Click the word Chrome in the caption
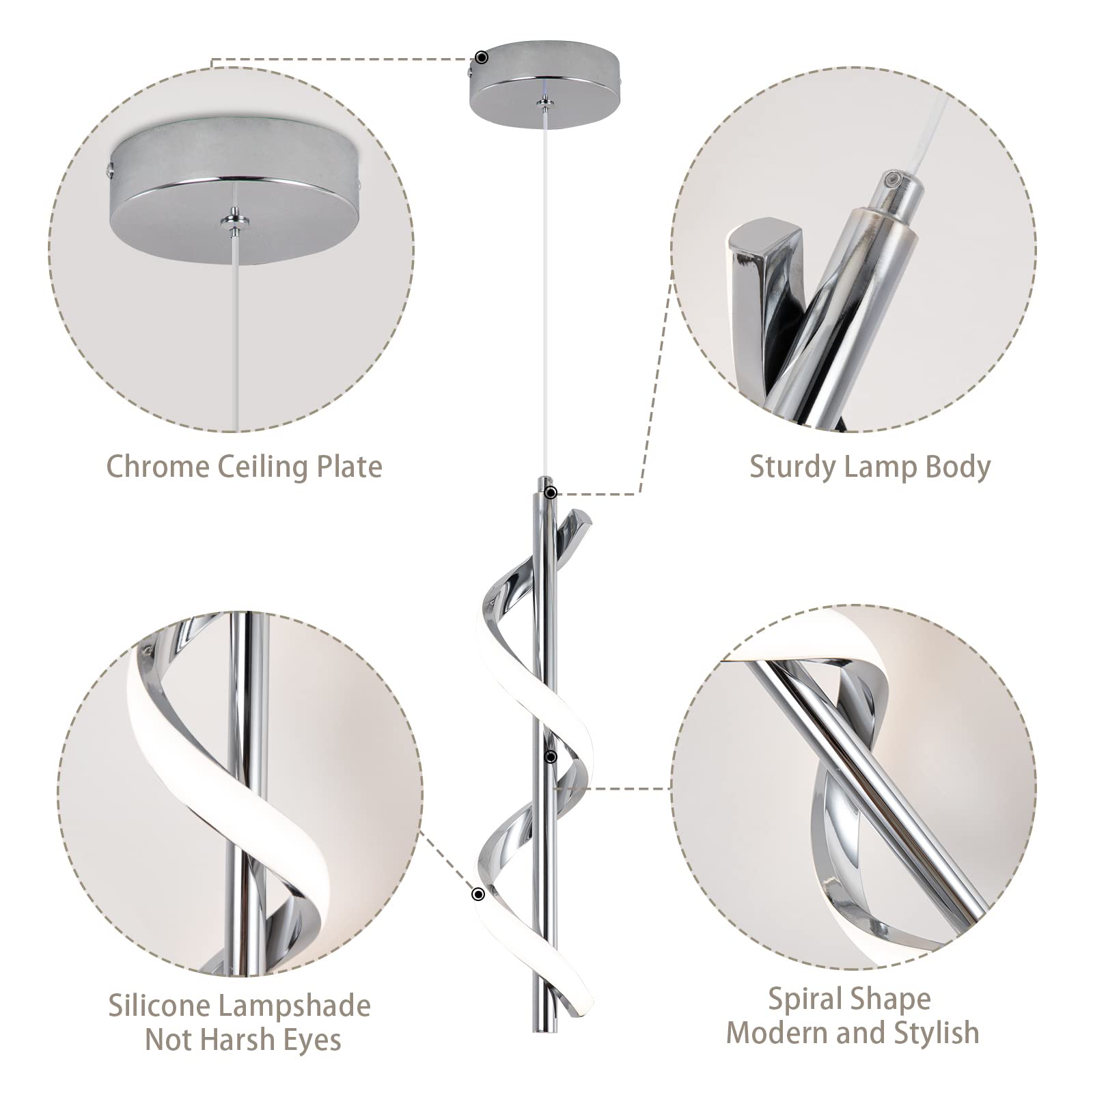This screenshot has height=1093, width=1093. pyautogui.click(x=158, y=467)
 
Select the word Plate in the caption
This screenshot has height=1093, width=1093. pyautogui.click(x=348, y=467)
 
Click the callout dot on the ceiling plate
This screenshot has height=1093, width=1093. pyautogui.click(x=482, y=57)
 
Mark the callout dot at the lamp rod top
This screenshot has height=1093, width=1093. pyautogui.click(x=551, y=493)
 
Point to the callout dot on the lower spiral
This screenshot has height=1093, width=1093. pyautogui.click(x=478, y=894)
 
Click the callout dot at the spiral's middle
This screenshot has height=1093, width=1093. pyautogui.click(x=551, y=757)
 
